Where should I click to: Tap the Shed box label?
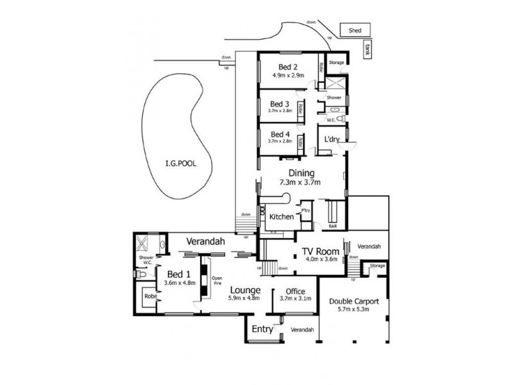click(355, 30)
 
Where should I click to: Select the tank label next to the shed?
click(367, 50)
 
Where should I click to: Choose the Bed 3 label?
click(280, 103)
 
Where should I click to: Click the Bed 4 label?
click(280, 133)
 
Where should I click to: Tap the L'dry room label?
click(332, 139)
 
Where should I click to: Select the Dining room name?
click(301, 173)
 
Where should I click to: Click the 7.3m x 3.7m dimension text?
click(300, 182)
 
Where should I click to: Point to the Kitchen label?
click(281, 217)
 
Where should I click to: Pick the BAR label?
click(333, 227)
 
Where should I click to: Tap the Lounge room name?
click(244, 289)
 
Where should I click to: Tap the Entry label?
click(262, 330)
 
